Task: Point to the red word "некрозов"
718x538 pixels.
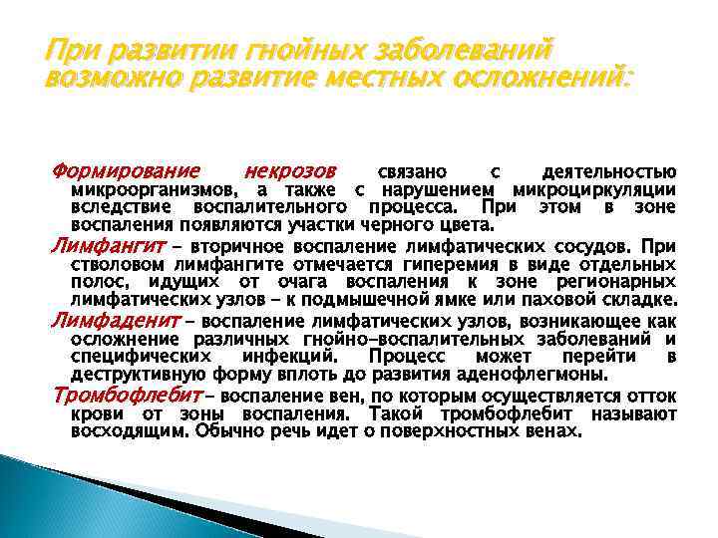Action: pyautogui.click(x=290, y=171)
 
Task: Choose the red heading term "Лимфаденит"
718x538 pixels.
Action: pyautogui.click(x=108, y=321)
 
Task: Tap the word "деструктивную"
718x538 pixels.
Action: pyautogui.click(x=135, y=375)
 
